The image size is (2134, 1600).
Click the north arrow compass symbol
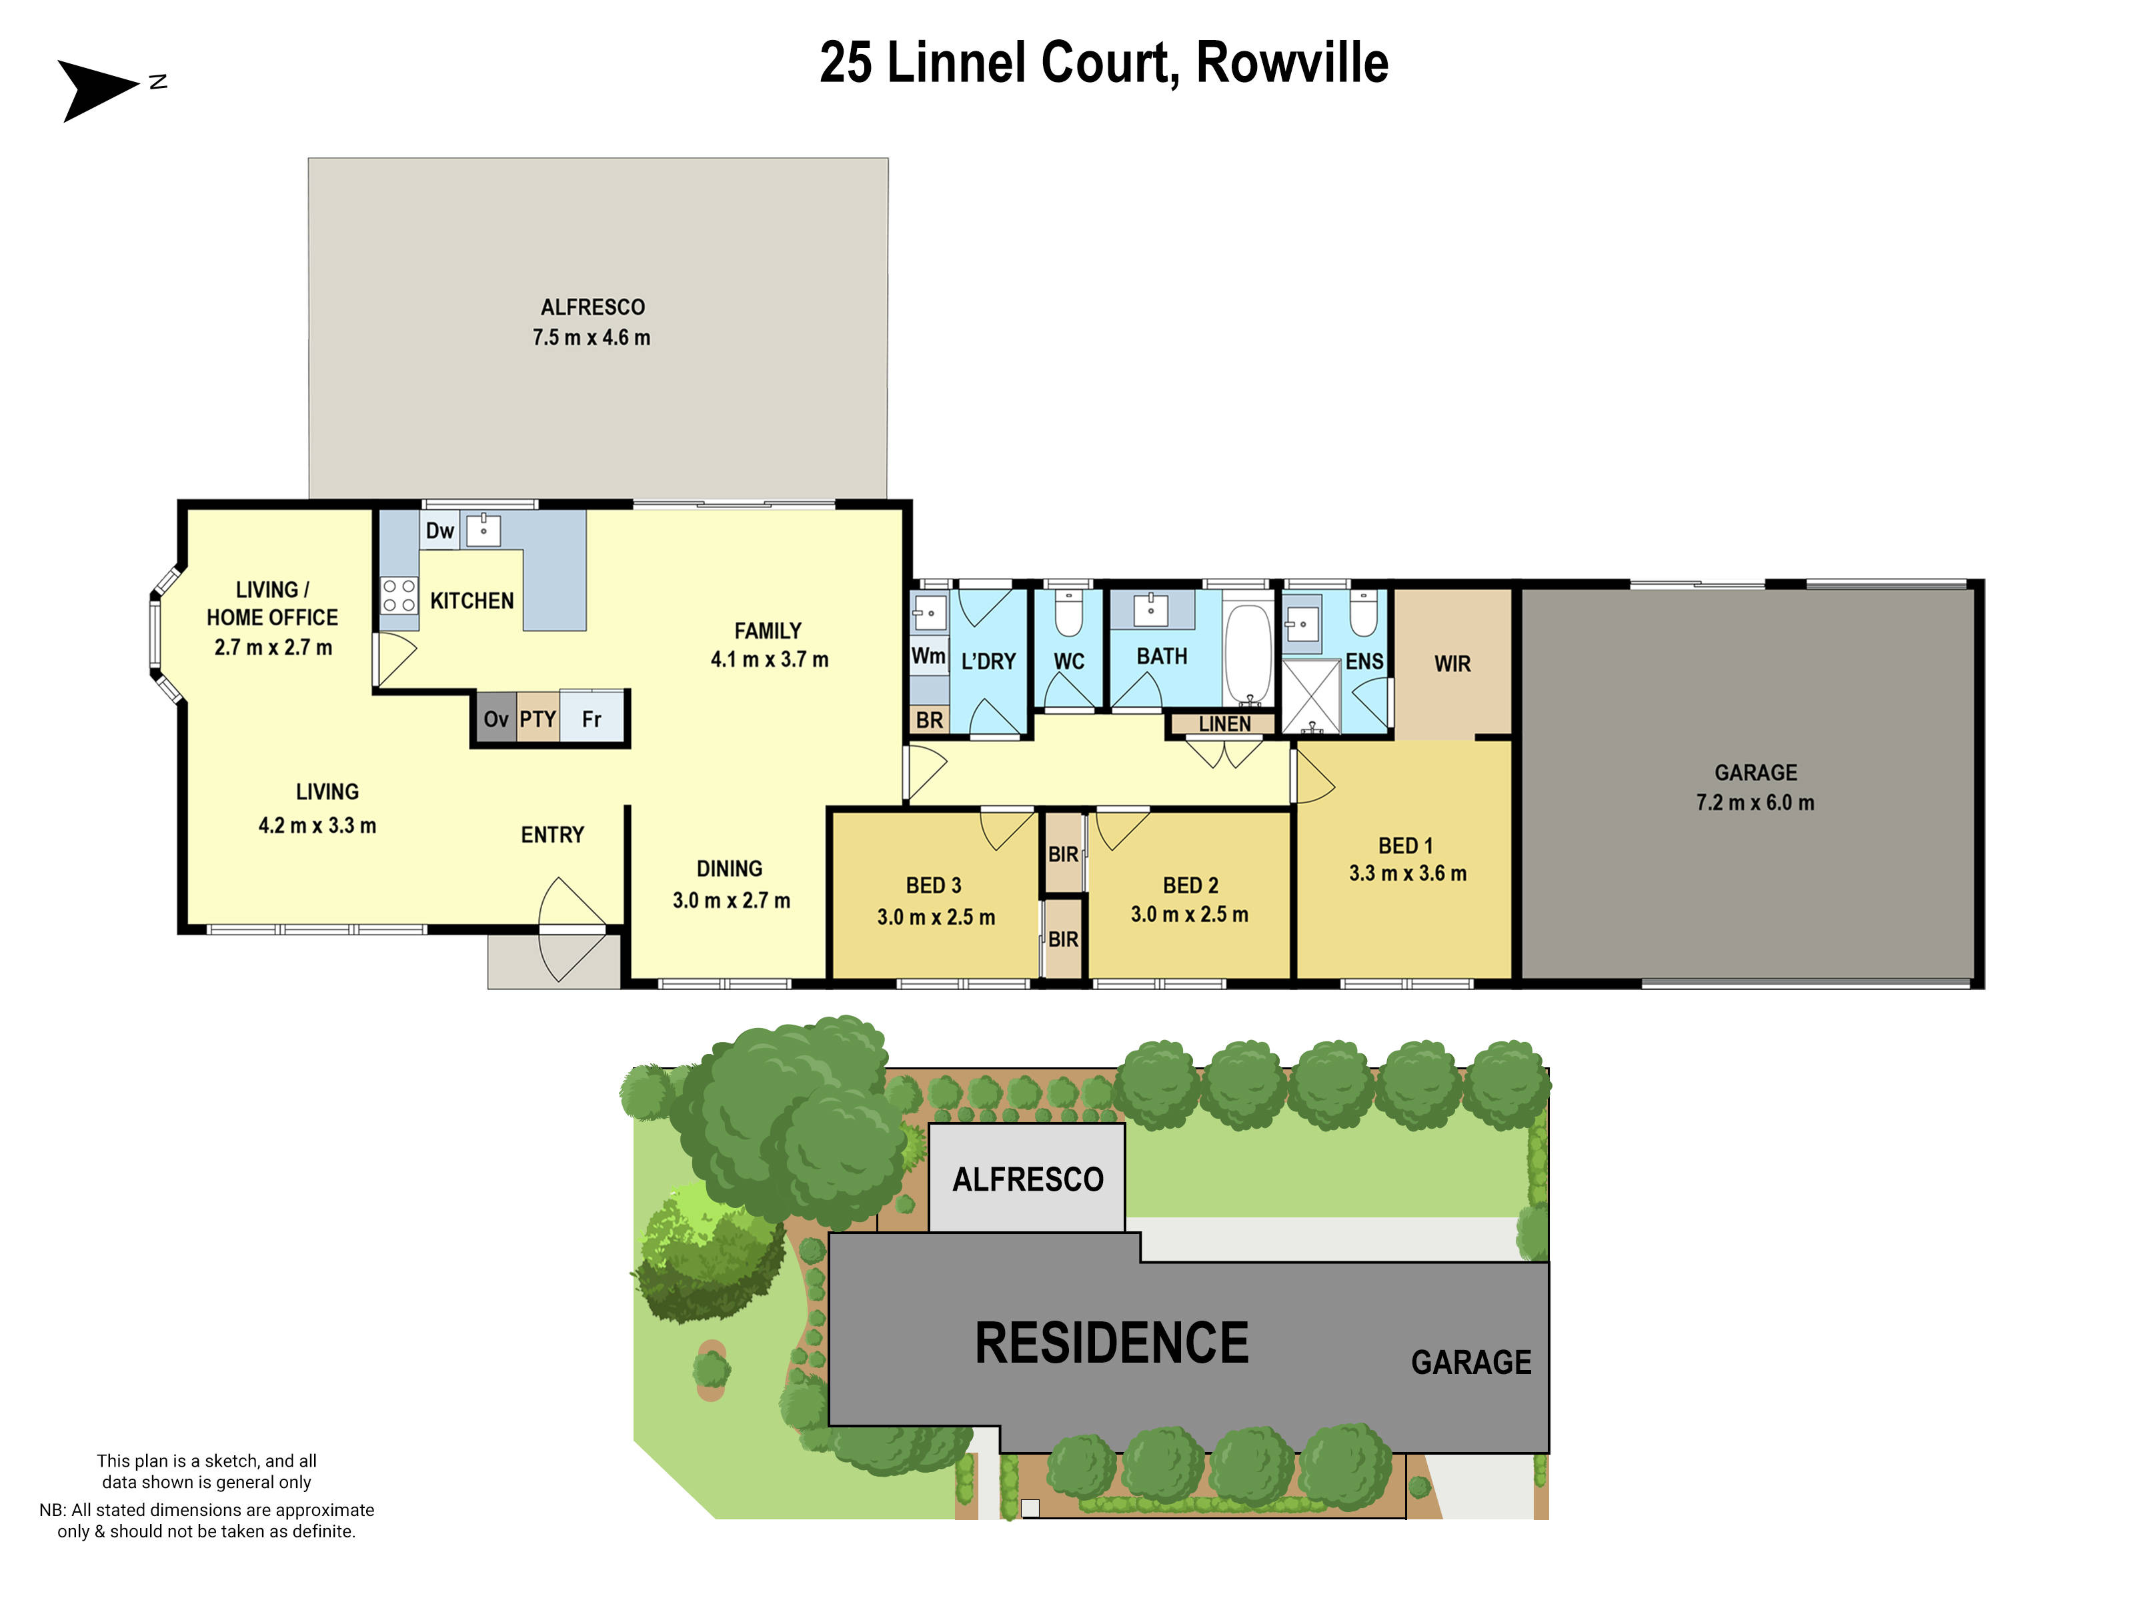point(97,89)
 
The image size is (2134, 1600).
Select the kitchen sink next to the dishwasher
point(483,529)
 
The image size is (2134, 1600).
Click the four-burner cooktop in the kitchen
point(398,595)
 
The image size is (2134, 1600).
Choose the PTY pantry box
point(538,719)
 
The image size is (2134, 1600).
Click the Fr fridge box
point(592,719)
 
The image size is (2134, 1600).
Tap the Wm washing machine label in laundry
point(928,656)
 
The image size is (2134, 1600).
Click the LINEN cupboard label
point(1224,724)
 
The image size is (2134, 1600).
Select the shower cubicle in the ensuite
point(1311,696)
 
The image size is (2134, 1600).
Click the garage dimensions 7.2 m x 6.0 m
point(1755,803)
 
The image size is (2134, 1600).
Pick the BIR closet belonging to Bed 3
point(1063,939)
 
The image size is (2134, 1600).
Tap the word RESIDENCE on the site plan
point(1112,1343)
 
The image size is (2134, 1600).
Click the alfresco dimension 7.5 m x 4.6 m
point(592,337)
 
